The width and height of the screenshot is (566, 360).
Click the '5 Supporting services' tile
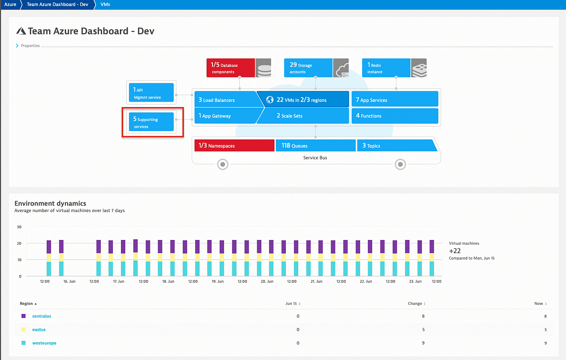pyautogui.click(x=151, y=122)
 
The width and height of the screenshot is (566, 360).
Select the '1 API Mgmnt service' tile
pyautogui.click(x=151, y=92)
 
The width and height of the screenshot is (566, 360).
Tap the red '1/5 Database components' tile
pyautogui.click(x=230, y=68)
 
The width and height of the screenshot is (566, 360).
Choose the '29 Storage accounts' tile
pyautogui.click(x=308, y=68)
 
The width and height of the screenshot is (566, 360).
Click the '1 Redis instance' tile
pyautogui.click(x=386, y=68)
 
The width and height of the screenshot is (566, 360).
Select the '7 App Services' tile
pyautogui.click(x=394, y=100)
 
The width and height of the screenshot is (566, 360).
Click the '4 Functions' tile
pyautogui.click(x=394, y=116)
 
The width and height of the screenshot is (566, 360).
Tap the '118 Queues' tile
pyautogui.click(x=315, y=145)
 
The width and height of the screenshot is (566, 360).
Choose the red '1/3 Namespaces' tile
pyautogui.click(x=234, y=145)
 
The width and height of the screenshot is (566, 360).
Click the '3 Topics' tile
pyautogui.click(x=395, y=145)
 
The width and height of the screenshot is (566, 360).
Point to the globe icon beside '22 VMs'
pyautogui.click(x=270, y=100)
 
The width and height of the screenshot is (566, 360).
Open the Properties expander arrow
pyautogui.click(x=17, y=46)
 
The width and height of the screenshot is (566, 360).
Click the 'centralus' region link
pyautogui.click(x=41, y=316)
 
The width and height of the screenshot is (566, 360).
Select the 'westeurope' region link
pyautogui.click(x=44, y=343)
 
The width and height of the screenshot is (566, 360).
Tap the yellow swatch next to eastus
pyautogui.click(x=23, y=330)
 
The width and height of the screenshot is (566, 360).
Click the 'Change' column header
pyautogui.click(x=415, y=303)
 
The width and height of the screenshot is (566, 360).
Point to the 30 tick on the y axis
pyautogui.click(x=19, y=227)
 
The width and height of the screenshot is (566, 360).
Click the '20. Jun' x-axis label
pyautogui.click(x=267, y=281)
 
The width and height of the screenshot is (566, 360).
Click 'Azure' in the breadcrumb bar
pyautogui.click(x=10, y=4)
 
